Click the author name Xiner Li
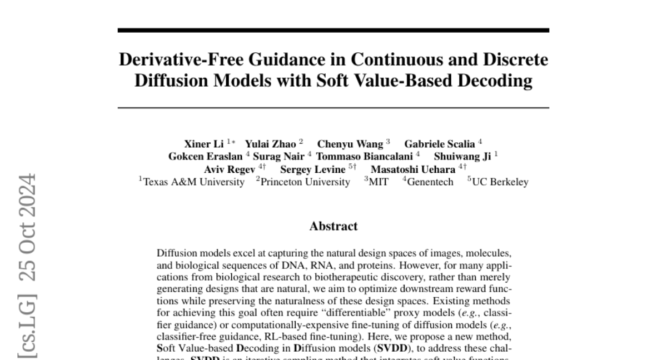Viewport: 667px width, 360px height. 203,144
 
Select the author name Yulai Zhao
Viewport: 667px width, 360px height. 271,144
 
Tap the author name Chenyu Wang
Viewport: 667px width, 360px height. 350,144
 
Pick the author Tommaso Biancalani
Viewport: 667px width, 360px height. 364,157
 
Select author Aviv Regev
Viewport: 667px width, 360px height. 230,169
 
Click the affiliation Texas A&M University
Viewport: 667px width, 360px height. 193,182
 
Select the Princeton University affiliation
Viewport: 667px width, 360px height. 305,182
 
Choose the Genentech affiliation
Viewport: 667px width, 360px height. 430,182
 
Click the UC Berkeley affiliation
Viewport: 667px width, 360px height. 500,182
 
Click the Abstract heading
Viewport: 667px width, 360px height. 333,226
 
